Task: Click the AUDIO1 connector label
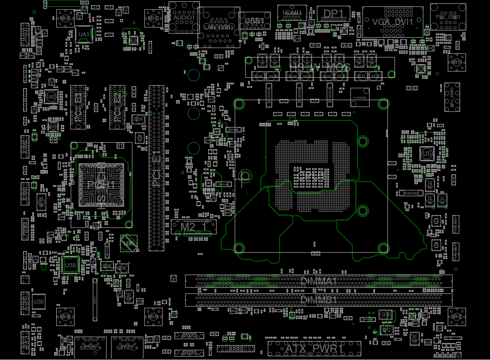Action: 184,18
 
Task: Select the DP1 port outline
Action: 333,14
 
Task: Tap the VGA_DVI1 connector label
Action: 392,22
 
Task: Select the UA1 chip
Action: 84,34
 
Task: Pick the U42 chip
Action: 51,96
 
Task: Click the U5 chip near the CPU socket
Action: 427,154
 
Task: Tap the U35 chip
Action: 71,265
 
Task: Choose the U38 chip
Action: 38,302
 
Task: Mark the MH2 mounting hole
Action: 457,317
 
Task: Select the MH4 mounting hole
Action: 153,317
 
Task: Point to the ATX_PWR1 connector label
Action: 314,349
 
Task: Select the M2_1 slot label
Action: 194,226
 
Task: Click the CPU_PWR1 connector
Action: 452,97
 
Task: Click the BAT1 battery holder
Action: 95,300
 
